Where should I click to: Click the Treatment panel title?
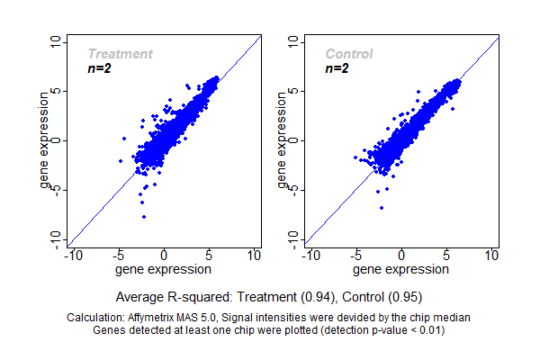click(x=120, y=54)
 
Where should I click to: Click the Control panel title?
click(x=348, y=54)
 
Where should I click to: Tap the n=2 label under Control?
click(x=337, y=68)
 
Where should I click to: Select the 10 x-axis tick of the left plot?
click(x=254, y=256)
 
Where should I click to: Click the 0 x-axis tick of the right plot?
click(x=401, y=256)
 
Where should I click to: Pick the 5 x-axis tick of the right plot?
click(x=446, y=256)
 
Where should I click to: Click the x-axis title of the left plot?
click(x=164, y=269)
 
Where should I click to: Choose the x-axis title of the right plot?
click(x=401, y=269)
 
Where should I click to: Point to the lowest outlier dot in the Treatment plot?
click(x=143, y=217)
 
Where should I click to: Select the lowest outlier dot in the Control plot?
click(x=381, y=208)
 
